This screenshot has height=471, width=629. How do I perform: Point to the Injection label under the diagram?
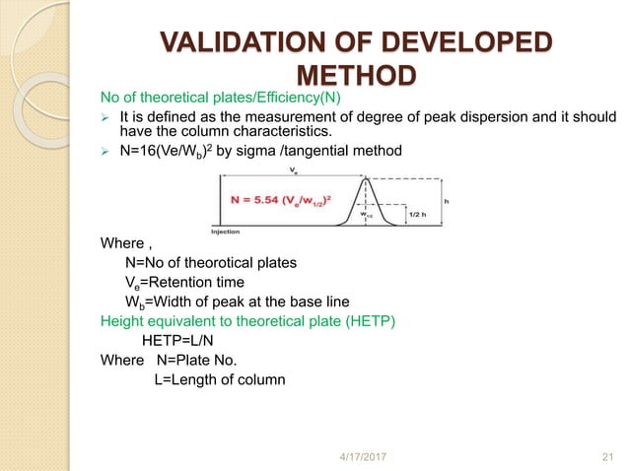pos(226,232)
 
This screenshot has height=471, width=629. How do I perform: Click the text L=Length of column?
pos(219,379)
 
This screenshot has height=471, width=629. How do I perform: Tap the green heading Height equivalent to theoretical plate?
pos(247,320)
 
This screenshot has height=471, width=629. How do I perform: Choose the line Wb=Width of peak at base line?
pos(216,302)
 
